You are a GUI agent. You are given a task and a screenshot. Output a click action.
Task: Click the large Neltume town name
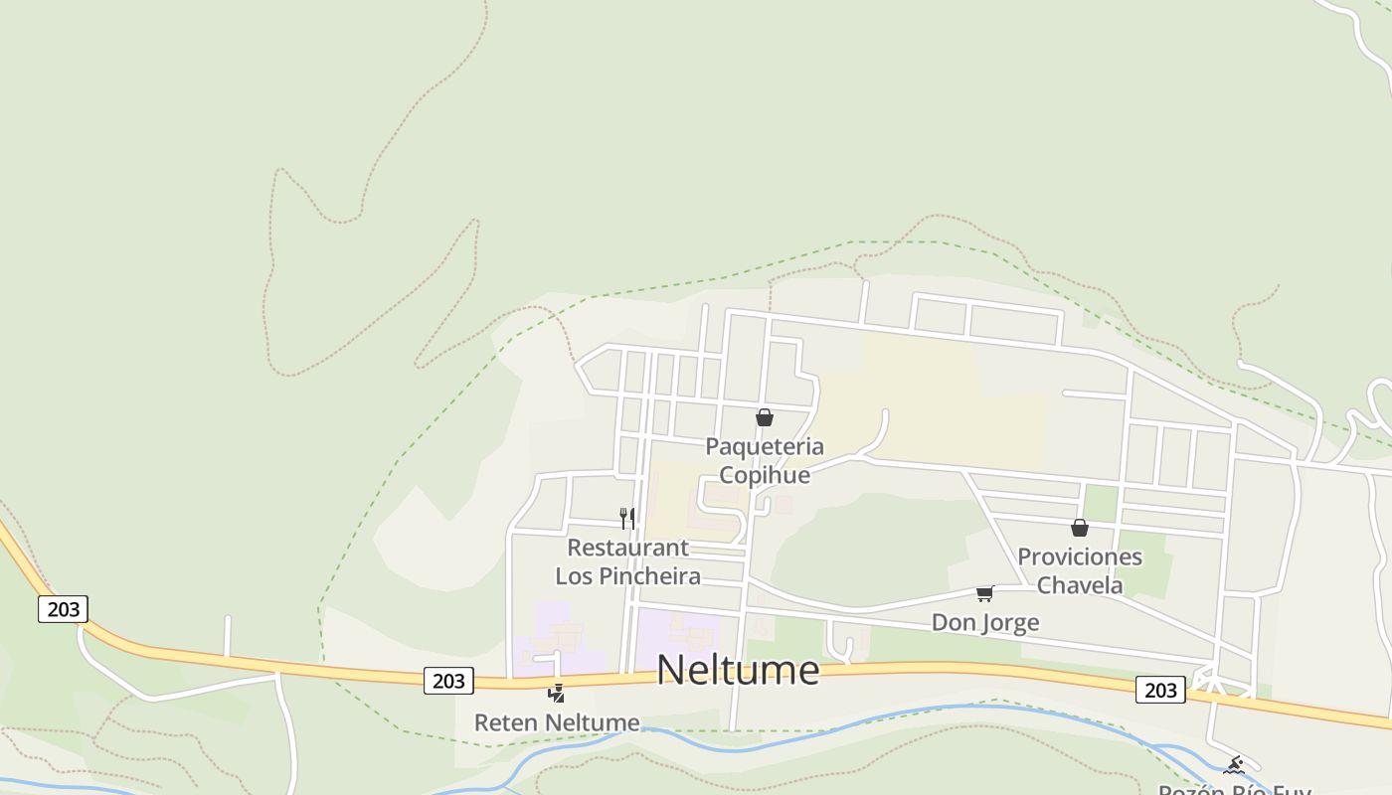[738, 670]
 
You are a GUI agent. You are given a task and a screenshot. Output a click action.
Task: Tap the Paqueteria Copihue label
[765, 460]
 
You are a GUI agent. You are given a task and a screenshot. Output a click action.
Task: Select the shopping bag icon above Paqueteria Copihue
[765, 417]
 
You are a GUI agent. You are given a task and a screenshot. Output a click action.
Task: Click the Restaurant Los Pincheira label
[627, 561]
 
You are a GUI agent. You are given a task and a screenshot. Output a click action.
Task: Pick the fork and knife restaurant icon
[627, 518]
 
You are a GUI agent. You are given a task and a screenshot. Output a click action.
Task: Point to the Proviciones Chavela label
[1080, 570]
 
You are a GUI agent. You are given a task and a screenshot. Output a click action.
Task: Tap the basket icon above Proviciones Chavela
[1080, 528]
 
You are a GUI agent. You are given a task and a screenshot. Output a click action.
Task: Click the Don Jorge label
[985, 623]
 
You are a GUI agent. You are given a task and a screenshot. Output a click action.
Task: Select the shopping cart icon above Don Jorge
[984, 594]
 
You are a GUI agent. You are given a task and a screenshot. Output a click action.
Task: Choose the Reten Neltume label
[557, 722]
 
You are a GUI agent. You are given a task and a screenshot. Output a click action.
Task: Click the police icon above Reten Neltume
[557, 693]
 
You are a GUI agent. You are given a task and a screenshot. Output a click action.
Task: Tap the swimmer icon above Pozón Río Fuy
[1234, 765]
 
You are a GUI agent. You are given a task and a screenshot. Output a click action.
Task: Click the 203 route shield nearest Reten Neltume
[448, 681]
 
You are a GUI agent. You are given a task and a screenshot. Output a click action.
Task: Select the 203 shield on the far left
[63, 609]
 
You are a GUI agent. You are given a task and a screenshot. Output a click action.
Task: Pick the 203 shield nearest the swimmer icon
[1160, 690]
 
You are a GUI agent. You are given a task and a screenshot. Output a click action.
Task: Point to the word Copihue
[765, 475]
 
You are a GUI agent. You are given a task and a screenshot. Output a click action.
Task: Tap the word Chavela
[1080, 585]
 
